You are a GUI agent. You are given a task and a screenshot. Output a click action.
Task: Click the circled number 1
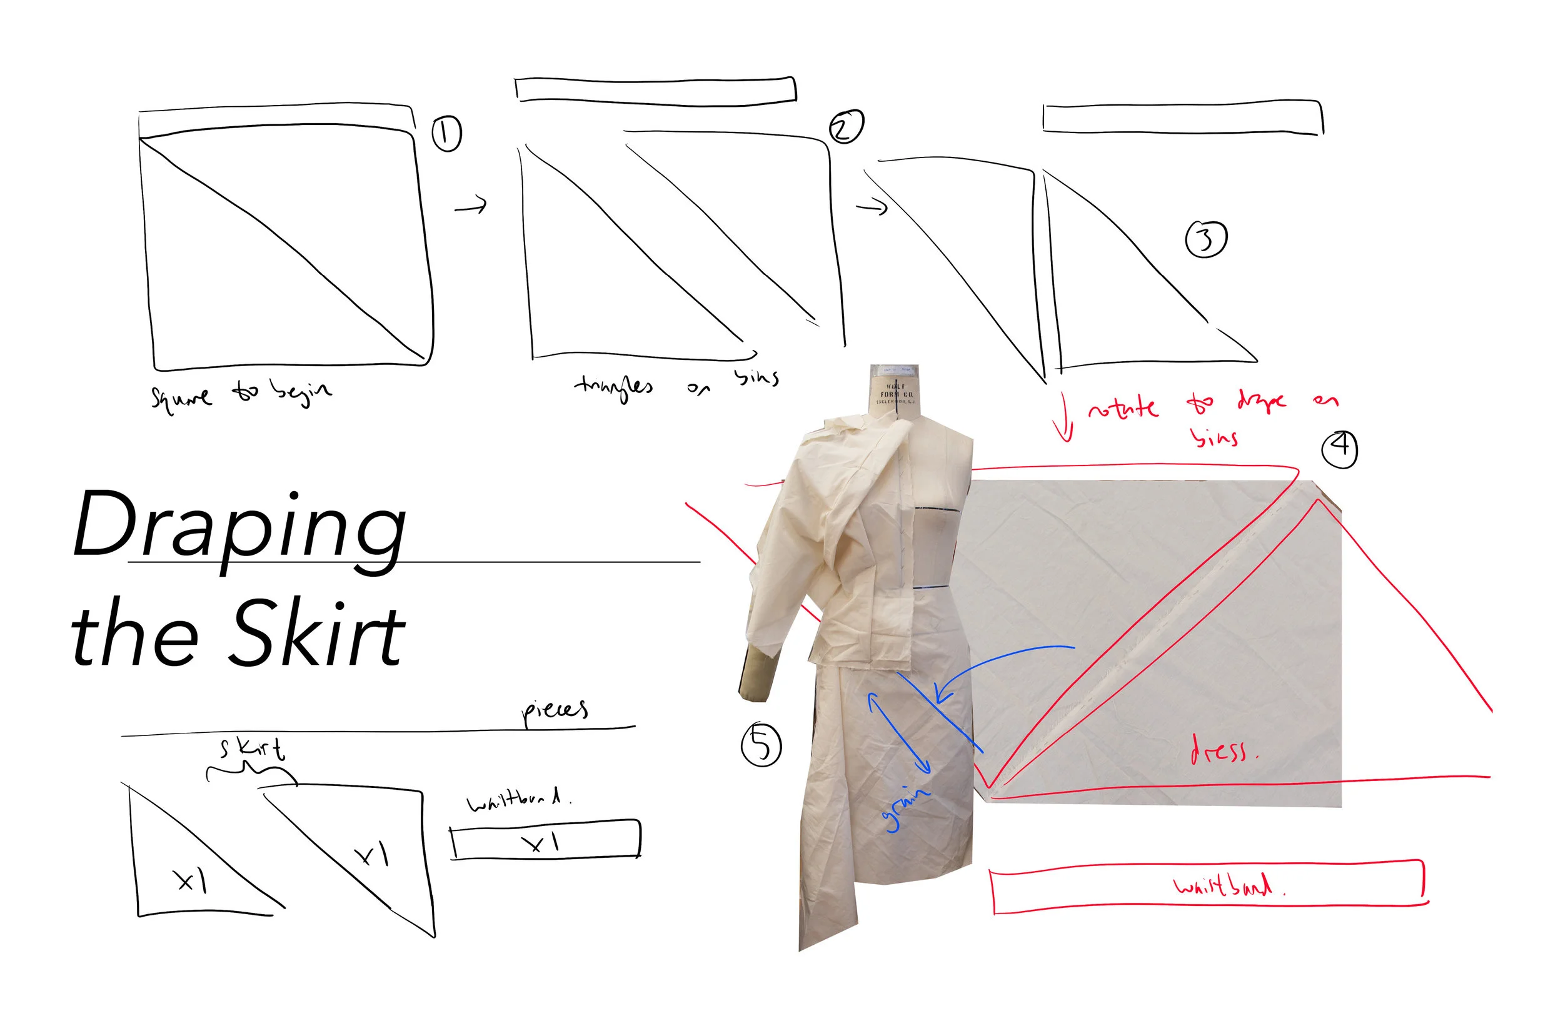click(x=446, y=134)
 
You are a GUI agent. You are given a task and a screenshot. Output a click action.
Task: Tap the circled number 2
click(x=846, y=126)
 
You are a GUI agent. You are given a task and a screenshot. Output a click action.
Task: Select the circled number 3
click(x=1206, y=239)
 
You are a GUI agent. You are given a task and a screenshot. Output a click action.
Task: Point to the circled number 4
click(x=1339, y=449)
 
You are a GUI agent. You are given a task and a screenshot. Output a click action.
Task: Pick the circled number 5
click(x=761, y=744)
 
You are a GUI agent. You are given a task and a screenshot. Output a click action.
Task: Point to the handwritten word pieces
click(x=555, y=712)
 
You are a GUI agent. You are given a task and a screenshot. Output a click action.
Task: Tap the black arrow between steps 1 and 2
click(x=471, y=207)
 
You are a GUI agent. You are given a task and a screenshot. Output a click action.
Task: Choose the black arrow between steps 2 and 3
click(x=872, y=208)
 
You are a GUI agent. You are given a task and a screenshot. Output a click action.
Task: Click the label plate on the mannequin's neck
click(x=895, y=394)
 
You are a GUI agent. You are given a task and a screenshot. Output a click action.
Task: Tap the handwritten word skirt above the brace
click(x=253, y=750)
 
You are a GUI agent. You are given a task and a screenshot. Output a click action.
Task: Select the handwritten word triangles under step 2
click(x=614, y=387)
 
